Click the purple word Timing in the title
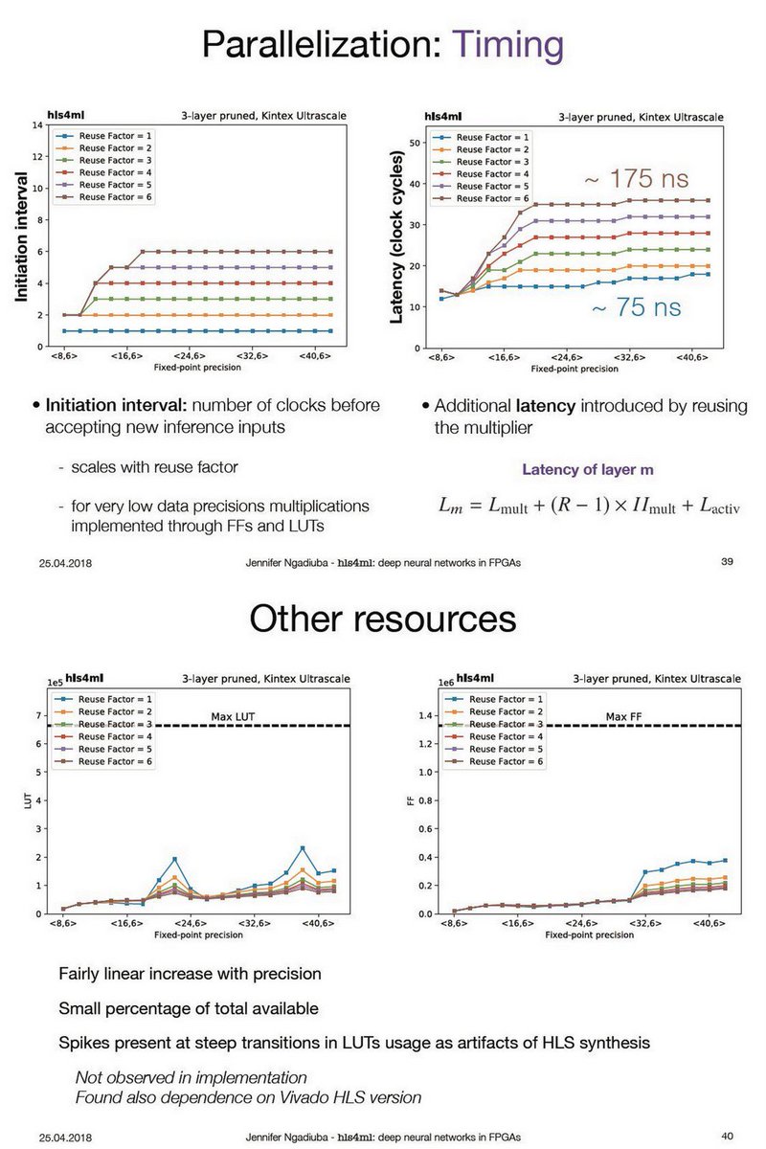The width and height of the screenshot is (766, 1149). click(507, 46)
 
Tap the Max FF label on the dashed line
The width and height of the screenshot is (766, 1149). click(623, 716)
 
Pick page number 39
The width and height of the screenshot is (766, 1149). click(726, 561)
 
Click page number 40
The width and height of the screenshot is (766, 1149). click(726, 1136)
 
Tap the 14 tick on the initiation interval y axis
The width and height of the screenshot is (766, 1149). click(35, 125)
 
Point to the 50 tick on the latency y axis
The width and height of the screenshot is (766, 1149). click(416, 143)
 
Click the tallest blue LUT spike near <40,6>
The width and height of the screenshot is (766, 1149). click(303, 848)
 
